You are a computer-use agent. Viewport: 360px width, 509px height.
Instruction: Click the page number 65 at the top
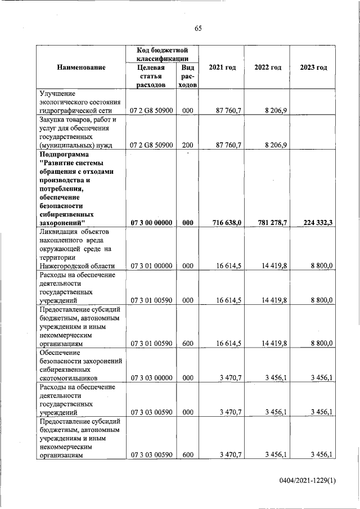coord(198,29)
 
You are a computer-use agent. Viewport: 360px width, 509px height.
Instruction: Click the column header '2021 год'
coord(222,67)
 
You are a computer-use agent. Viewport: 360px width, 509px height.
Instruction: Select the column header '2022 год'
coord(268,67)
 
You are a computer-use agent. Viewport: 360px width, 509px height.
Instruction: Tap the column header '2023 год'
coord(313,67)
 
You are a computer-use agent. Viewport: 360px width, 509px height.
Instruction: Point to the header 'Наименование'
coord(81,67)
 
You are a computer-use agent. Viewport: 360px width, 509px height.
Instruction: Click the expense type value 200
coord(188,145)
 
